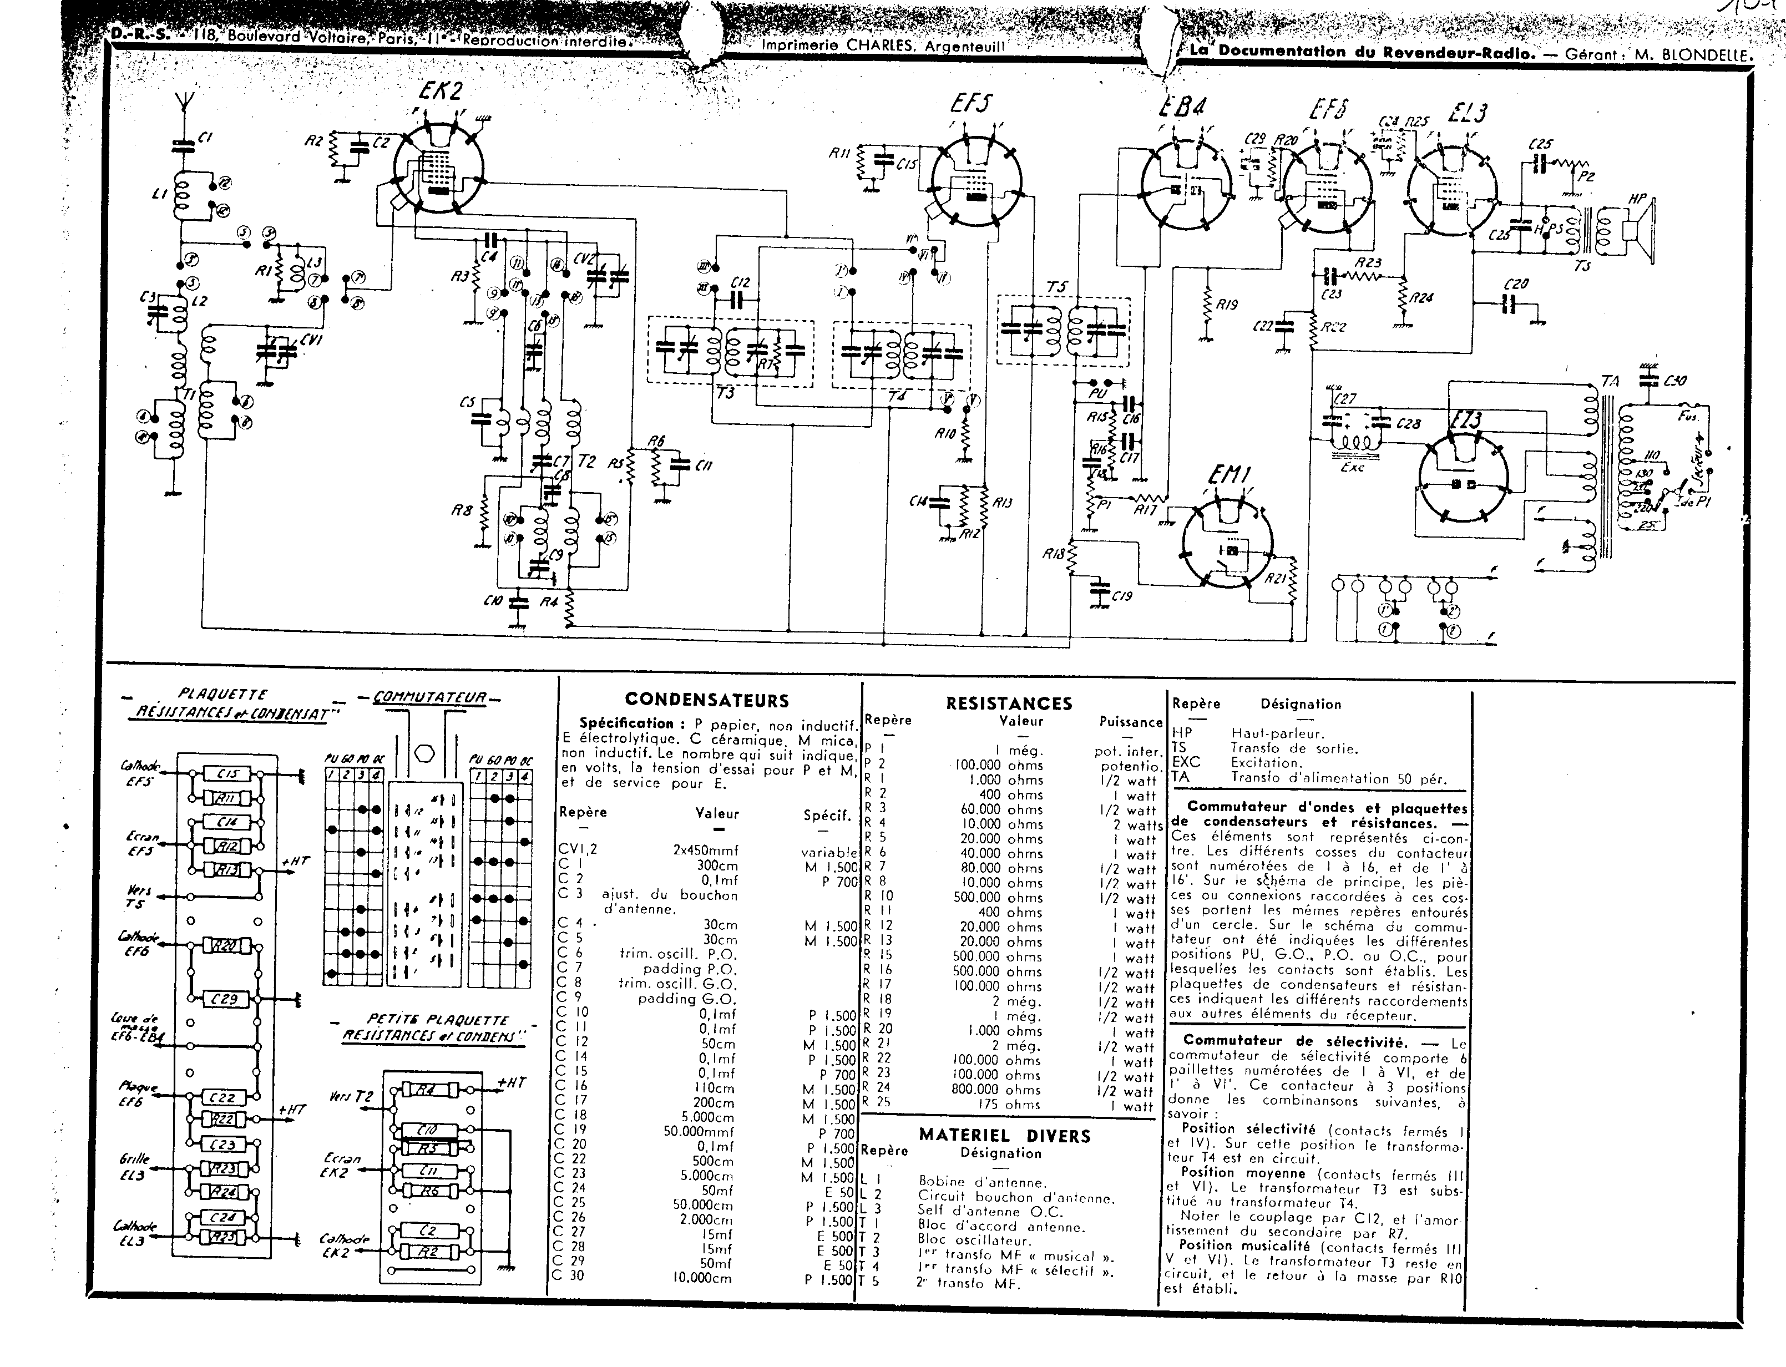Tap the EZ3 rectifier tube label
tap(1465, 421)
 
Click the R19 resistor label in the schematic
tap(1226, 305)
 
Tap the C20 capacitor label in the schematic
tap(1516, 284)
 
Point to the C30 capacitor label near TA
tap(1674, 381)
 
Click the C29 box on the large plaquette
tap(225, 999)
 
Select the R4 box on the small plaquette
tap(426, 1090)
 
